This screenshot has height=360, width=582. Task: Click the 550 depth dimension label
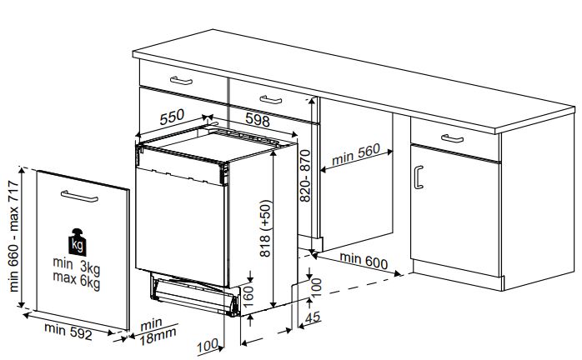coord(172,117)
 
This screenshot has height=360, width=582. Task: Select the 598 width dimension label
coord(258,120)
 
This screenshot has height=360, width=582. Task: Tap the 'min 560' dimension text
coord(355,154)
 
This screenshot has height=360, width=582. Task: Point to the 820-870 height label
coord(305,175)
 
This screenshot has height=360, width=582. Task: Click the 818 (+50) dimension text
coord(266,228)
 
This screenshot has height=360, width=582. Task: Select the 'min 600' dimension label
coord(364,261)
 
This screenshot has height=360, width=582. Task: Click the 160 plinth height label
coord(247,296)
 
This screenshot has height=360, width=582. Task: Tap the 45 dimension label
coord(313,317)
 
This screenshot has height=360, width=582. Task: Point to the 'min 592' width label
coord(68,331)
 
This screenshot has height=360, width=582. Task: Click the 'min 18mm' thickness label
coord(157,332)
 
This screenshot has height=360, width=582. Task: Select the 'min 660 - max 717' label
coord(13,236)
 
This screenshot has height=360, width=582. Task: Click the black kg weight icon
coord(78,242)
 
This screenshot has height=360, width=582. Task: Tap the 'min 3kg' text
coord(77,266)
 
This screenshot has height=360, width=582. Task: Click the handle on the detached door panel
coord(79,197)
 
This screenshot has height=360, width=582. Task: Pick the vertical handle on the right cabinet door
coord(419,177)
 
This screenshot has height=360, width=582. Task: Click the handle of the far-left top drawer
coord(181,81)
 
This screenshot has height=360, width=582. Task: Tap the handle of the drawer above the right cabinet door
coord(452,138)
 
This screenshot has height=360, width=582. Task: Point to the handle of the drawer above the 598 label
coord(271,100)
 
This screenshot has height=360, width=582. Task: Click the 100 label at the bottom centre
coord(208,346)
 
